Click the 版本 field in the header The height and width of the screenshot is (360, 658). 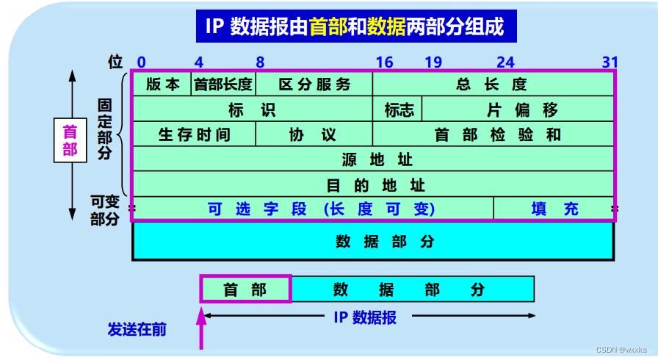point(162,84)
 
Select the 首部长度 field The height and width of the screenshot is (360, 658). point(223,84)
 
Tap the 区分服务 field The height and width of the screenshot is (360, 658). point(314,84)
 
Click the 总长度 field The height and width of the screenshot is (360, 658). point(492,84)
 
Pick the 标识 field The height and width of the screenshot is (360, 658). point(252,109)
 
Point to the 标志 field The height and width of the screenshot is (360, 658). point(399,109)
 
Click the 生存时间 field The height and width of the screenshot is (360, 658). point(195,134)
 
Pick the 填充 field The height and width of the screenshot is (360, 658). point(554,209)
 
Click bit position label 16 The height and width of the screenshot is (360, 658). point(384,62)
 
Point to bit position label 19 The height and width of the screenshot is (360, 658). point(433,62)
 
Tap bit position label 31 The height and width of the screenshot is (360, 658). point(609,62)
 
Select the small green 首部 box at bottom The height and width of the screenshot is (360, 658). point(245,289)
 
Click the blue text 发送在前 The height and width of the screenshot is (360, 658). point(137,328)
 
